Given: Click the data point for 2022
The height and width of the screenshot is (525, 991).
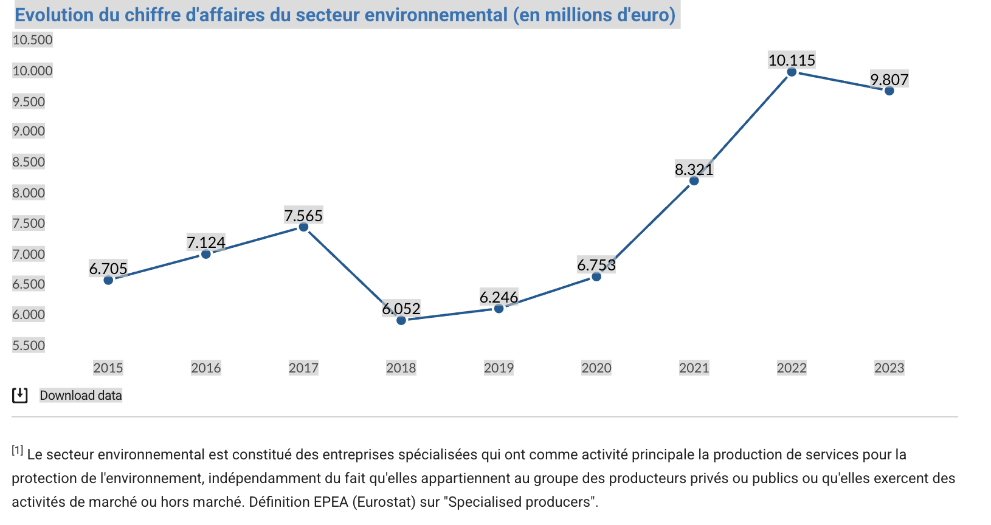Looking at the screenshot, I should [x=792, y=72].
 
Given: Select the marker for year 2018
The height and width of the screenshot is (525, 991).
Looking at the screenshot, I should [x=401, y=320].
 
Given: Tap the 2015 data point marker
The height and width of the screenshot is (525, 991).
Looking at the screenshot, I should [x=108, y=280].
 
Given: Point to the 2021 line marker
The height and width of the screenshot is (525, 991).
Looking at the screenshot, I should [x=694, y=181].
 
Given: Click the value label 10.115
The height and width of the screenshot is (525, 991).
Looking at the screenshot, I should [x=792, y=60].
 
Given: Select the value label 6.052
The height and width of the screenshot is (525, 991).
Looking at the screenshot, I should [x=401, y=309].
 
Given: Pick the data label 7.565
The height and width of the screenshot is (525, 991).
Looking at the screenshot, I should [x=303, y=216].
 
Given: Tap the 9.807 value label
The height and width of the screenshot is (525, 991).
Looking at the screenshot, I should [x=889, y=80].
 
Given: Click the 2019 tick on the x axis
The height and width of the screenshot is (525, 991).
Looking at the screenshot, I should [x=499, y=368].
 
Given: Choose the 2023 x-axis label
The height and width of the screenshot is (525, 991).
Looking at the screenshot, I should [x=889, y=368].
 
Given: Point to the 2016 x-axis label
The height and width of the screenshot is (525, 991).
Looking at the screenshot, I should [x=205, y=368].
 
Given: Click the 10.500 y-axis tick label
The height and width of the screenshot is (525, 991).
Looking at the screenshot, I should [x=33, y=40].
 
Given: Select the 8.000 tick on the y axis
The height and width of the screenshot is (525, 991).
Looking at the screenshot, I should [x=29, y=193].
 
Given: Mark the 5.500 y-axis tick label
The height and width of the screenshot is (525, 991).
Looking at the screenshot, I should [x=29, y=346].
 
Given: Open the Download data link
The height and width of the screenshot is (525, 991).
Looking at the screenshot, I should [x=81, y=396].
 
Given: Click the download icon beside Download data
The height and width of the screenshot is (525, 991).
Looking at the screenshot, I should [x=20, y=396].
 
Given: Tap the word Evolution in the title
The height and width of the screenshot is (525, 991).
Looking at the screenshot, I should [x=55, y=15].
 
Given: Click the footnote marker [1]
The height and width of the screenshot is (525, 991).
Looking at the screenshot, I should [x=17, y=450].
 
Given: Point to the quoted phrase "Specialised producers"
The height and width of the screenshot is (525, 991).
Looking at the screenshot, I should [x=520, y=502].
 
